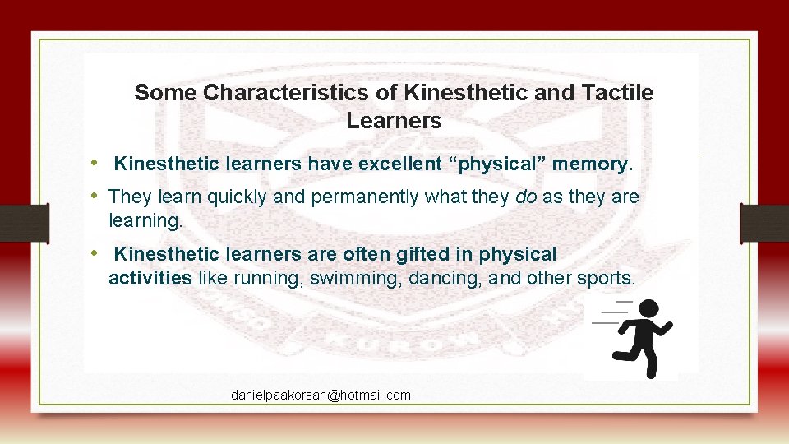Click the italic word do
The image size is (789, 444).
(x=524, y=197)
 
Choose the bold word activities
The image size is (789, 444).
(x=150, y=278)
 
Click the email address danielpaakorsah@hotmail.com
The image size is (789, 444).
(x=321, y=395)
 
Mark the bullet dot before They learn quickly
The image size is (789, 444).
(x=95, y=196)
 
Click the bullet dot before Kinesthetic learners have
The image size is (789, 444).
(x=95, y=163)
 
